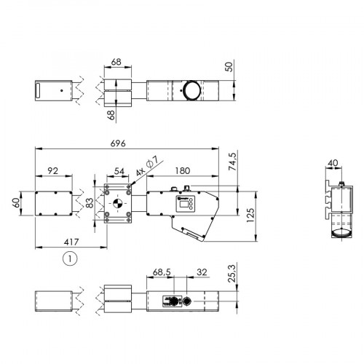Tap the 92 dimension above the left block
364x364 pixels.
pos(52,170)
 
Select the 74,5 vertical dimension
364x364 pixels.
pos(233,161)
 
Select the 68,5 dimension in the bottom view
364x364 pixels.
pos(162,273)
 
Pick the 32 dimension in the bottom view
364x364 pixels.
pos(201,273)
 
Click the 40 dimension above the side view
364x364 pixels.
pos(334,164)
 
